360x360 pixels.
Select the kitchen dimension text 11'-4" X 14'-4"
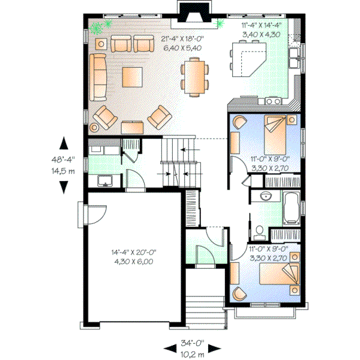pos(262,26)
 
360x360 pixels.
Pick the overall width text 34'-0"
pos(193,344)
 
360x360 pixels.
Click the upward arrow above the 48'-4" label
pos(63,143)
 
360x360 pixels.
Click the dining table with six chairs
pos(194,76)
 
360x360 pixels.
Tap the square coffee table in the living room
pos(132,77)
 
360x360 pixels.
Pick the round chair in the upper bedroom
pos(239,122)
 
